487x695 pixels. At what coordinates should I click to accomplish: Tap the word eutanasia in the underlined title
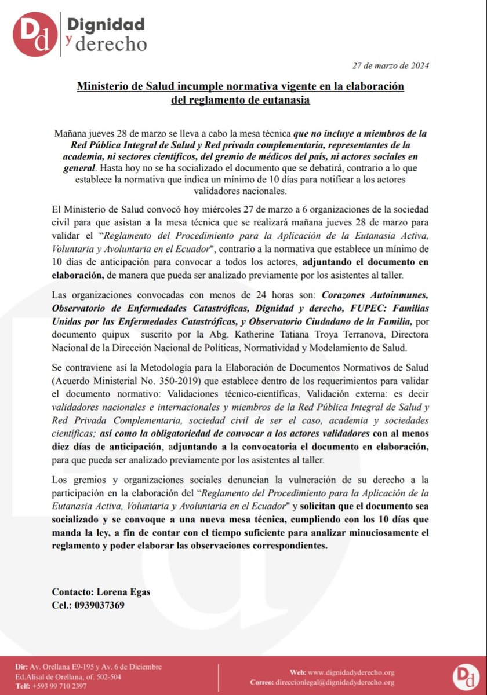click(284, 100)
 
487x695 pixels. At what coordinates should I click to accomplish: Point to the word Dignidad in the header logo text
click(106, 24)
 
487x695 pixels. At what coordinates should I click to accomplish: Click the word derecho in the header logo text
click(114, 44)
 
